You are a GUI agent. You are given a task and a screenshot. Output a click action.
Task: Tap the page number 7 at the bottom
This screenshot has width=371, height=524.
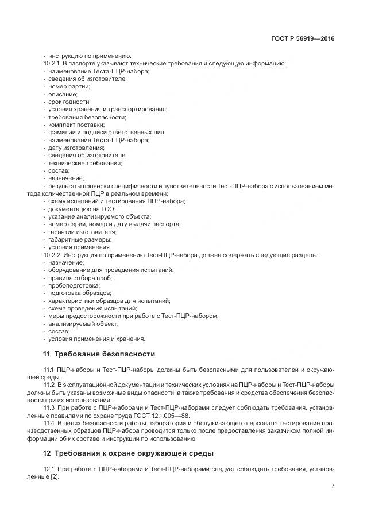[333, 486]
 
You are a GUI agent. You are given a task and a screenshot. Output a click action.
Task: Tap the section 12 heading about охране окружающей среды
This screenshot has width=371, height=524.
[127, 453]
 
